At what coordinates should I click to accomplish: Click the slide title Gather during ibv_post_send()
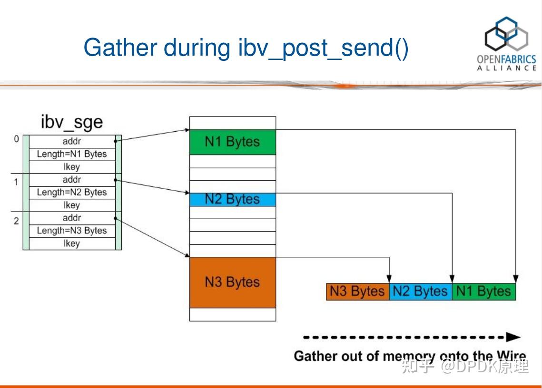tap(246, 48)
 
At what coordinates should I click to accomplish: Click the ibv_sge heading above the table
tap(72, 122)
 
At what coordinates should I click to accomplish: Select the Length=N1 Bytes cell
tap(72, 154)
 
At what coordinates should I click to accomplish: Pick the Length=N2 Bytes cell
tap(72, 193)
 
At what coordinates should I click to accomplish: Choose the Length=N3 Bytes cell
tap(72, 231)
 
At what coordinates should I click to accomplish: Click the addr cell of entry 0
tap(72, 141)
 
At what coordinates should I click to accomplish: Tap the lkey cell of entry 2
tap(72, 243)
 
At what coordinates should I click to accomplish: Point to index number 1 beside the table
tap(16, 182)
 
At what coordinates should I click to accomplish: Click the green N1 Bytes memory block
tap(232, 142)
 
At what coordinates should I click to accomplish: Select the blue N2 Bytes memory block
tap(232, 199)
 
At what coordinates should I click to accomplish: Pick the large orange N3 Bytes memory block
tap(232, 282)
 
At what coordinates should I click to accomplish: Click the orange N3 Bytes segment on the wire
tap(357, 291)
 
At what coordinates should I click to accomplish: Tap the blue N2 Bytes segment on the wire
tap(420, 291)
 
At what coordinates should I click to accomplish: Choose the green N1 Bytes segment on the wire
tap(483, 291)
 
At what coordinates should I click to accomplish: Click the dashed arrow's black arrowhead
tap(513, 337)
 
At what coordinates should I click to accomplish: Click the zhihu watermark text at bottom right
tap(464, 367)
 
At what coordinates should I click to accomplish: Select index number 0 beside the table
tap(16, 139)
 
